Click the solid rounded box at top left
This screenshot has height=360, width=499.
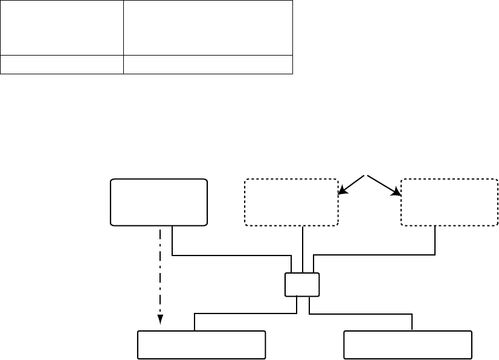point(159,202)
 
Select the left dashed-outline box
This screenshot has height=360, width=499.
point(291,202)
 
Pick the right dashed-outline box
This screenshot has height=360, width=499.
point(449,202)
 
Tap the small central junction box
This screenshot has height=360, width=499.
point(302,284)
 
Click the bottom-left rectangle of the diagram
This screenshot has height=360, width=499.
point(202,345)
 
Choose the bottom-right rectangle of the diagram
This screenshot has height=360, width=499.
point(408,345)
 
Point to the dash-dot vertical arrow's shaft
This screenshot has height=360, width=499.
point(160,272)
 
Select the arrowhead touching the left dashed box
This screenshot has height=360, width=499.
point(343,191)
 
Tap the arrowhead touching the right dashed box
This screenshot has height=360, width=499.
point(398,191)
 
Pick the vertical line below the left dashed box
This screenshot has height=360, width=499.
point(302,248)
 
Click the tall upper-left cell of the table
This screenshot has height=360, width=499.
point(62,28)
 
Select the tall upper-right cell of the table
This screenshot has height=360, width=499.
point(208,28)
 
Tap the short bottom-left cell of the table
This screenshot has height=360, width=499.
point(62,65)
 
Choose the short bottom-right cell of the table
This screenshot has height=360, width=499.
point(208,65)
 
